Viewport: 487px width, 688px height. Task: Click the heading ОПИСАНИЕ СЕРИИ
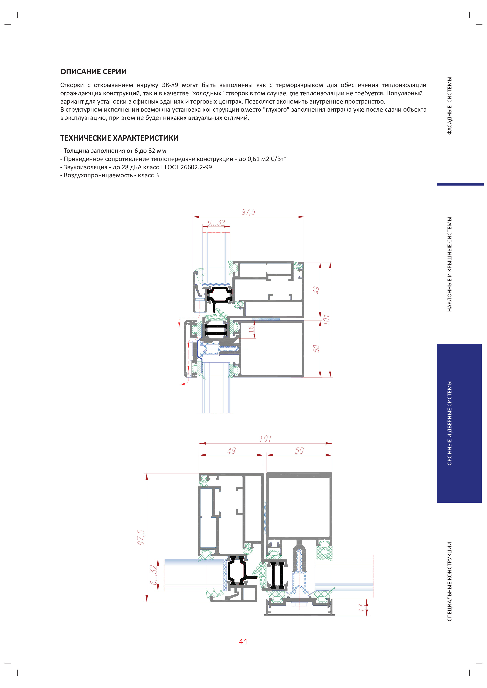pyautogui.click(x=93, y=72)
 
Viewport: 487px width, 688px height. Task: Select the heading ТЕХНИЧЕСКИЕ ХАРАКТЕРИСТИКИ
pyautogui.click(x=119, y=138)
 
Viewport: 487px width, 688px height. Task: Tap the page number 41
pyautogui.click(x=243, y=641)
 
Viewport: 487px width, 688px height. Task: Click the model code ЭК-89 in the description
pyautogui.click(x=170, y=85)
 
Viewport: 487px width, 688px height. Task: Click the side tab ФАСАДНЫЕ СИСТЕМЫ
pyautogui.click(x=449, y=106)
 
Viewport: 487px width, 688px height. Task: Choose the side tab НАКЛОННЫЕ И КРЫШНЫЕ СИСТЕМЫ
pyautogui.click(x=449, y=264)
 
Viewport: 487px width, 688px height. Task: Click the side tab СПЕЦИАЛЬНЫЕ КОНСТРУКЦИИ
pyautogui.click(x=449, y=581)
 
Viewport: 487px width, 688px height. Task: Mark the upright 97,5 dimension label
pyautogui.click(x=248, y=212)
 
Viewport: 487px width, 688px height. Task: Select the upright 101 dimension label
pyautogui.click(x=265, y=439)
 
